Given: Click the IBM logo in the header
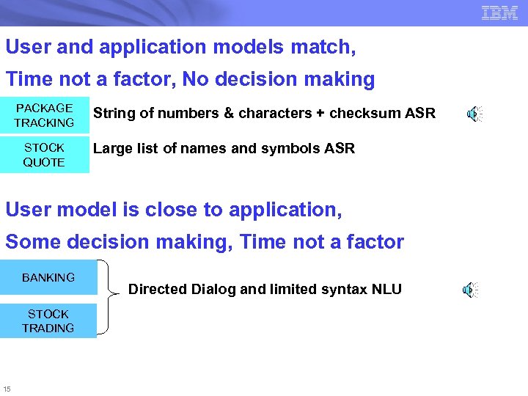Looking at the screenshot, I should [499, 12].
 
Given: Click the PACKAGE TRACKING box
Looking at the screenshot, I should [44, 115].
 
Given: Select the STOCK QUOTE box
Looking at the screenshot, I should [44, 155].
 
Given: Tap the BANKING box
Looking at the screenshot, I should [48, 277].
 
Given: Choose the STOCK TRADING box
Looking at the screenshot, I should [48, 321].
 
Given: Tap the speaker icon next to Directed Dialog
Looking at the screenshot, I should [470, 290].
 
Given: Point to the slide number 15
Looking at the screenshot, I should [7, 388].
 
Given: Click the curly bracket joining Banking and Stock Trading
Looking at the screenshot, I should [109, 297].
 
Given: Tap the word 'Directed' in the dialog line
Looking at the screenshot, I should [157, 289].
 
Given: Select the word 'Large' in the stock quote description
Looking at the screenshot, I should [110, 149].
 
